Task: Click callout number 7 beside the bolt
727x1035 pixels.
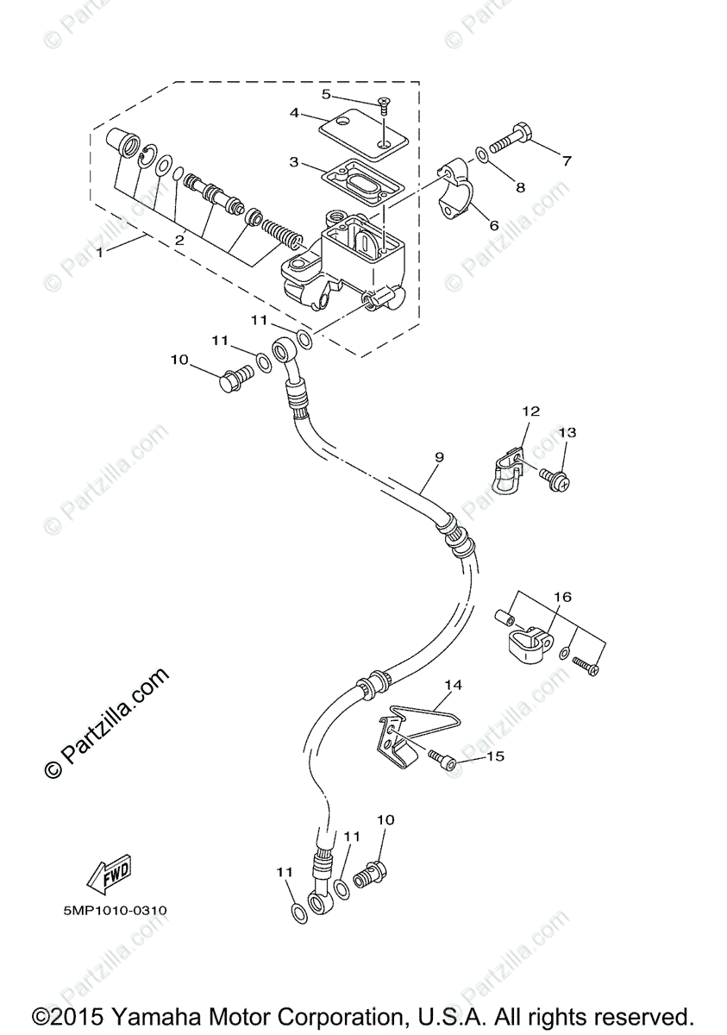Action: point(567,160)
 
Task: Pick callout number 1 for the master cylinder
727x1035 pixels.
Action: point(101,252)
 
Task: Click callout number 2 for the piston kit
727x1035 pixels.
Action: point(179,241)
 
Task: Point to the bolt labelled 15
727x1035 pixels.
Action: point(442,759)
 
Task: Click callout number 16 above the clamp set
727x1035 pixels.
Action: point(562,596)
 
